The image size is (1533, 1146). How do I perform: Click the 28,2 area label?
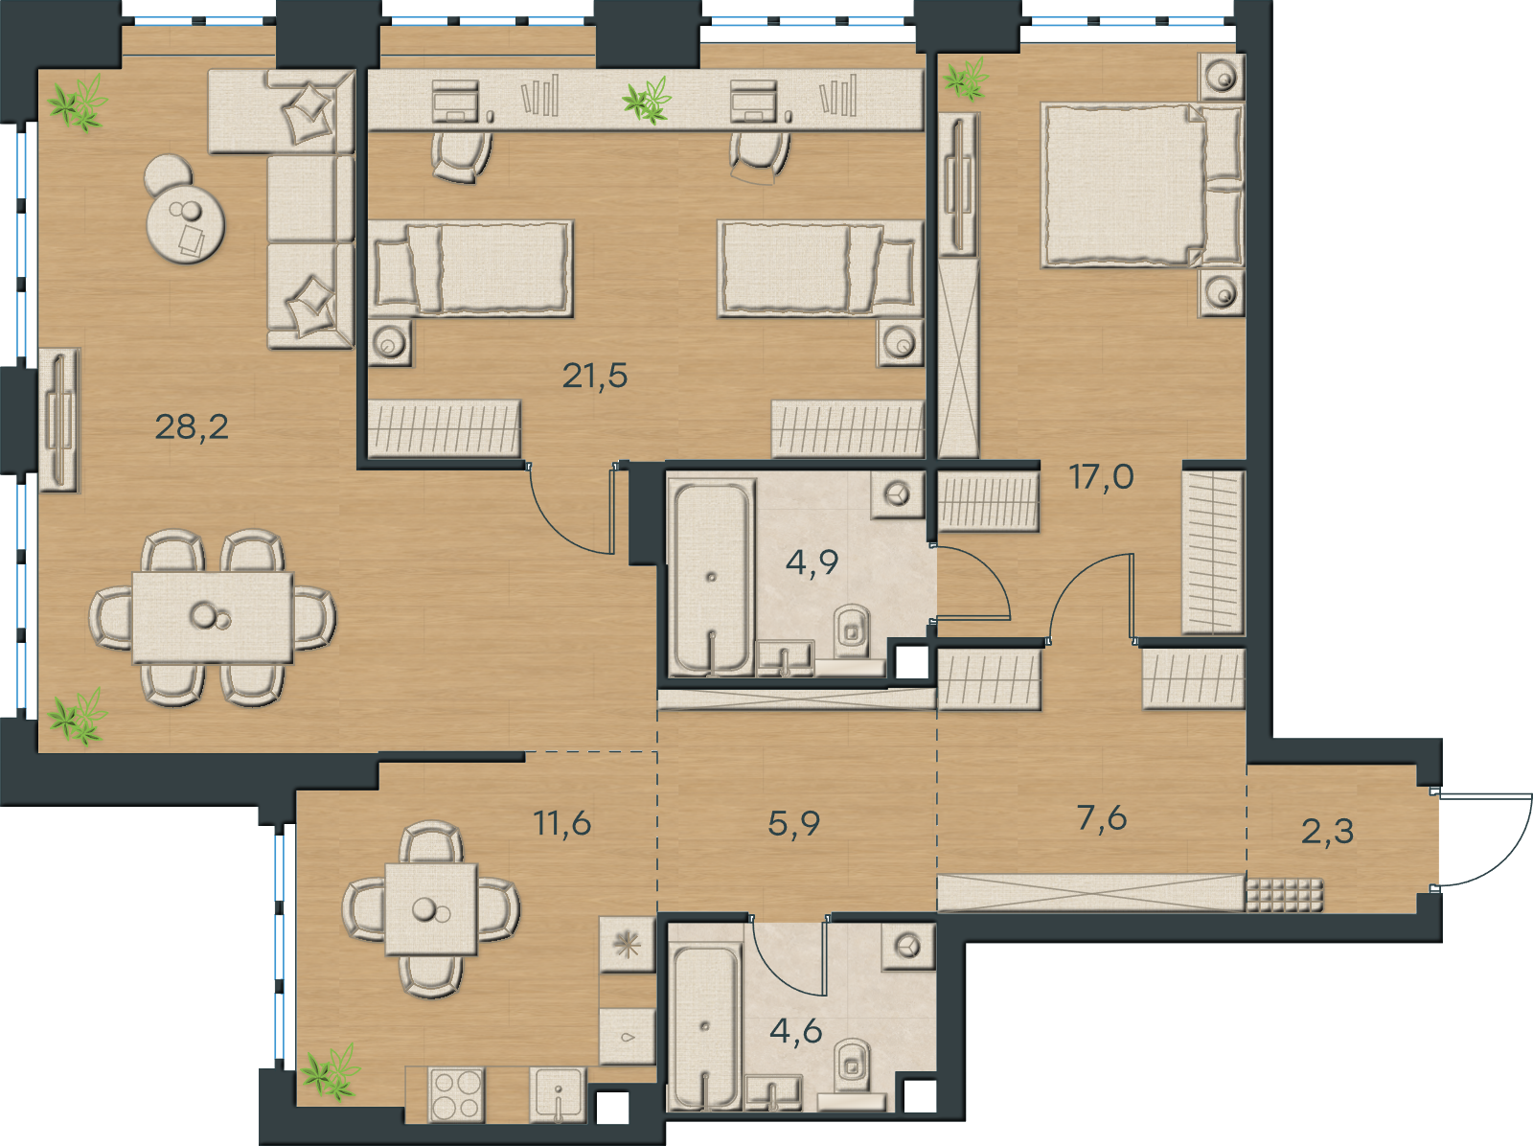(192, 426)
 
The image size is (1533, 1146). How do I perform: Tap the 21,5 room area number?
(594, 376)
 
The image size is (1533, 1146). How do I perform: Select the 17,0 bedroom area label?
(1102, 477)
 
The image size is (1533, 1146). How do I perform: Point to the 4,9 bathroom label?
(812, 562)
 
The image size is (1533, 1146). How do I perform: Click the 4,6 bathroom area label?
(795, 1031)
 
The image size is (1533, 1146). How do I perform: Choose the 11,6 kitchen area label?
(562, 823)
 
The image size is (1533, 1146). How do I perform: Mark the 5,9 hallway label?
(793, 824)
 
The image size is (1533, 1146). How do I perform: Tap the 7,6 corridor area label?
(1102, 817)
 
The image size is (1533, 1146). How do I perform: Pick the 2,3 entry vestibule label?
(1327, 831)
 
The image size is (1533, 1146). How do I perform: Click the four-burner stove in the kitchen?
(457, 1093)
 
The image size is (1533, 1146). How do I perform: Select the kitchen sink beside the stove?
(558, 1094)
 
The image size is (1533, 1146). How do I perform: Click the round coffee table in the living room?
(185, 222)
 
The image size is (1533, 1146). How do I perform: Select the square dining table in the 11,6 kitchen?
(431, 909)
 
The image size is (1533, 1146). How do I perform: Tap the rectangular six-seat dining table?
(213, 617)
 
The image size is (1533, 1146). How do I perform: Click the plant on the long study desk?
(647, 100)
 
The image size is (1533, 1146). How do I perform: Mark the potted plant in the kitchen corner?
(331, 1072)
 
